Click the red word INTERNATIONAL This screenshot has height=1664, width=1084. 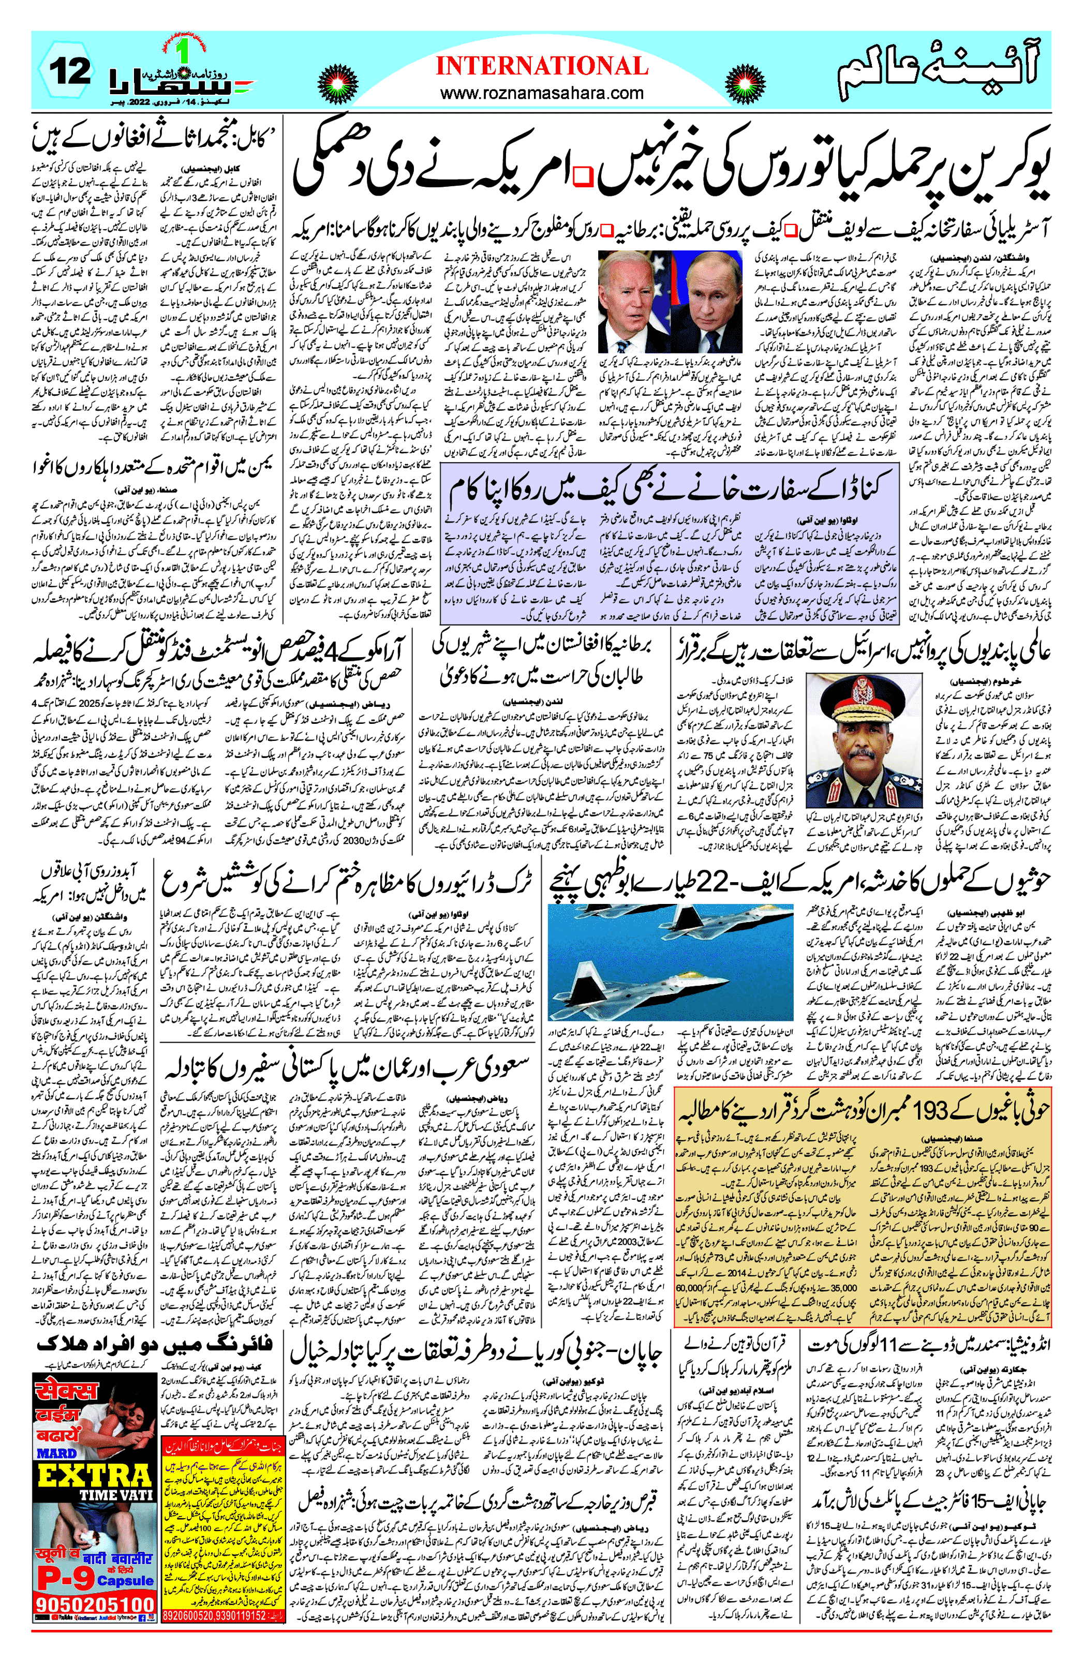coord(542,66)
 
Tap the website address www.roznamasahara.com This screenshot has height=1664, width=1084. coord(542,92)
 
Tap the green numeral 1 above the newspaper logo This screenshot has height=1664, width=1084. coord(185,51)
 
